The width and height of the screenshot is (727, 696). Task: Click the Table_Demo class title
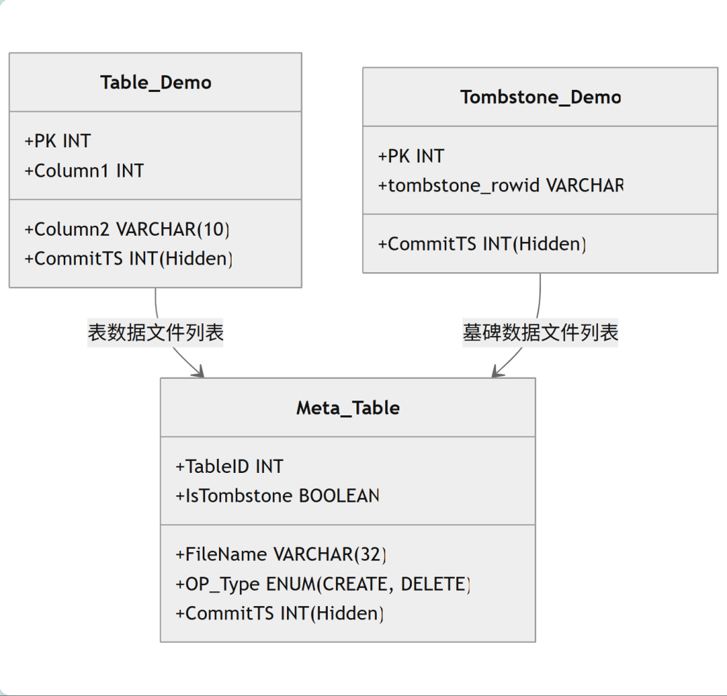point(156,83)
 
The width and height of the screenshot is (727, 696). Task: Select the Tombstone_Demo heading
point(540,98)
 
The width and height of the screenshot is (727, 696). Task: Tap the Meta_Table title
point(348,408)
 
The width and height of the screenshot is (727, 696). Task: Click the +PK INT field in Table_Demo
point(58,141)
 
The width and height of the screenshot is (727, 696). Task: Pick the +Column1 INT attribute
point(84,170)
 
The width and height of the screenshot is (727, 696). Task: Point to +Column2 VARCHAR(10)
point(127,229)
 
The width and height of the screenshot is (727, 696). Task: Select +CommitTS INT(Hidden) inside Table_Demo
point(128,259)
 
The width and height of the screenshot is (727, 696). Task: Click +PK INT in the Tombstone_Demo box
point(411,156)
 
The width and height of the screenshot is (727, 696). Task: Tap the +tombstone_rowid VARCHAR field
point(501,185)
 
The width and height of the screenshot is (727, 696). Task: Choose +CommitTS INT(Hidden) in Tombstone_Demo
point(482,244)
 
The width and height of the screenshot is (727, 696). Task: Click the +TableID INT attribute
point(229,467)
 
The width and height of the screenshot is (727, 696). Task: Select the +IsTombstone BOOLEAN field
point(277,496)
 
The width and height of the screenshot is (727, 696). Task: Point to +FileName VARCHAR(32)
point(281,554)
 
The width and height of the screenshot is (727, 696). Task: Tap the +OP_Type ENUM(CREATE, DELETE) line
point(324,584)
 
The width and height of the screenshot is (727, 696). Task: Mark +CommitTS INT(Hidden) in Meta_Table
point(279,613)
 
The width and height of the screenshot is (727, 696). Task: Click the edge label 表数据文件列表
point(156,333)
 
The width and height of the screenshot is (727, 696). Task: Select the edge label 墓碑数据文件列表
point(540,333)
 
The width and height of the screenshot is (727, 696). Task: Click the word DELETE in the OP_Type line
point(435,584)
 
